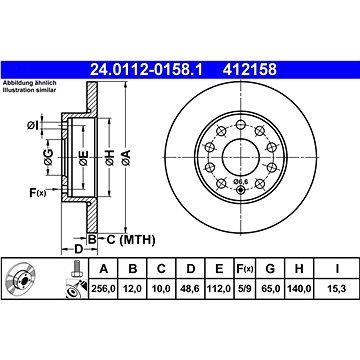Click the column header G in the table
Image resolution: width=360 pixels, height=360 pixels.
(x=269, y=268)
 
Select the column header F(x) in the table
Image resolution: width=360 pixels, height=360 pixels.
(x=243, y=268)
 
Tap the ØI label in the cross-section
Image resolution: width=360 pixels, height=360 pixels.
(x=33, y=124)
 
